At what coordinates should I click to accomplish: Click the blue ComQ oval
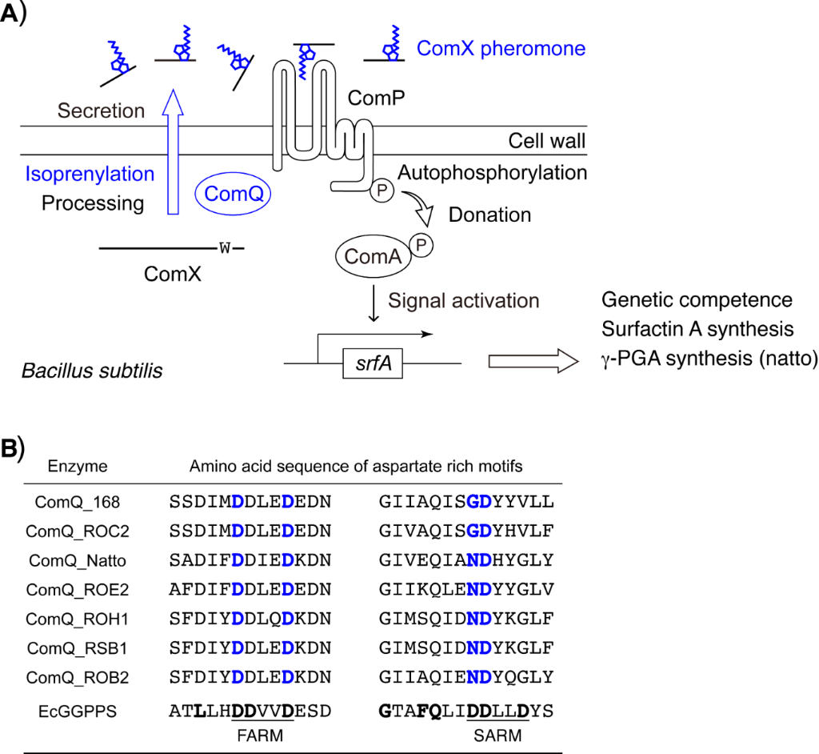(234, 193)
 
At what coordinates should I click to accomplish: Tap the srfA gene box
(374, 364)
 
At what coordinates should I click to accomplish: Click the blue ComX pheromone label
(501, 48)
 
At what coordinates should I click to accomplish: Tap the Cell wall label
(547, 142)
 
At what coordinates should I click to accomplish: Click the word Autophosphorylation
(492, 172)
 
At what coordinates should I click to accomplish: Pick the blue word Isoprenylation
(89, 174)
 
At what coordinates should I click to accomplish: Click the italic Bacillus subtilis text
(92, 371)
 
